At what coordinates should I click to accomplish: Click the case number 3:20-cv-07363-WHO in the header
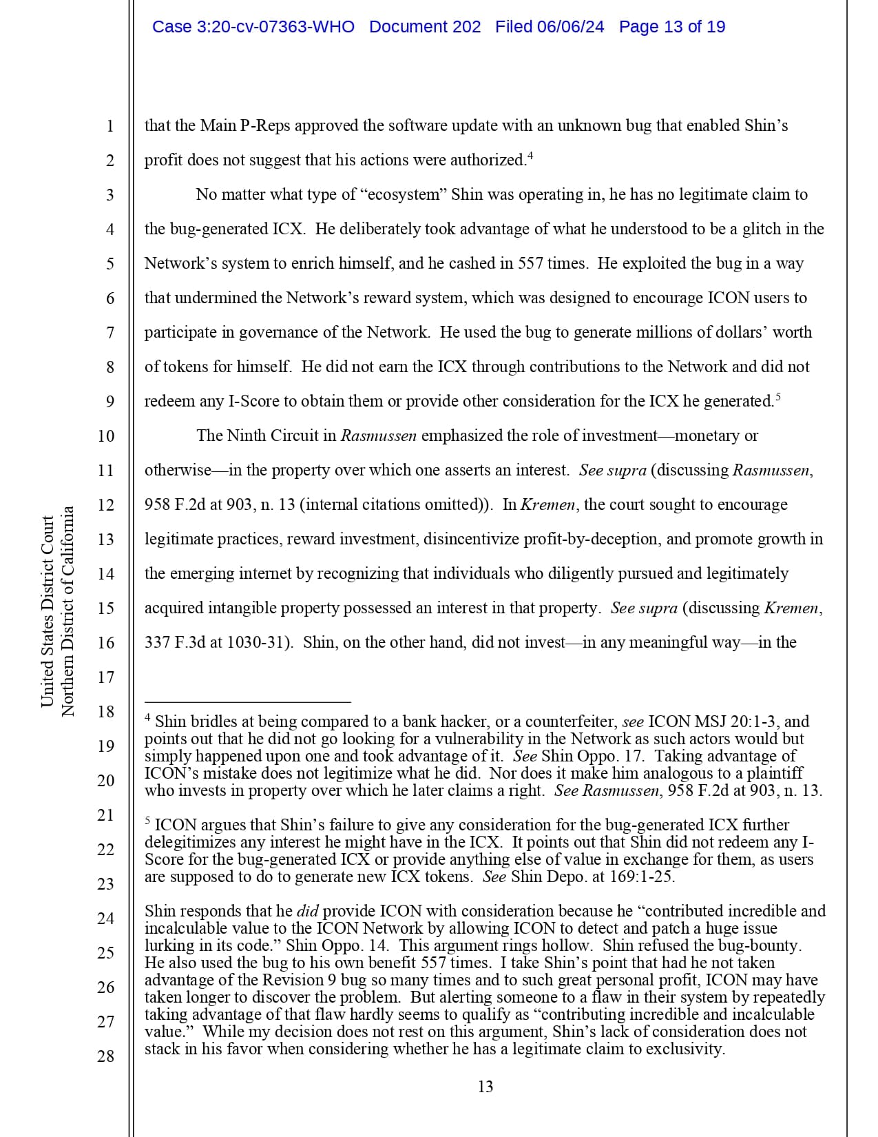click(x=253, y=27)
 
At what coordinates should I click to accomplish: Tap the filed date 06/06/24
click(x=570, y=27)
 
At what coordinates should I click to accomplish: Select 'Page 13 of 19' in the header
click(x=671, y=27)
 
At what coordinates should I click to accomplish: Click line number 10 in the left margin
click(x=106, y=436)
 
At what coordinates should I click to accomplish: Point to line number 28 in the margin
click(x=106, y=1056)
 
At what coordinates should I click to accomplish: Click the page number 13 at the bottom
click(x=485, y=1087)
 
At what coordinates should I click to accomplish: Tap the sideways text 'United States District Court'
click(x=48, y=611)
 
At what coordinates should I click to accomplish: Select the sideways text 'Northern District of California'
click(x=67, y=611)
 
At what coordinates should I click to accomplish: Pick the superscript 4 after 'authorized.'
click(x=530, y=156)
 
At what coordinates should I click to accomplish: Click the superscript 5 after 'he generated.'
click(x=777, y=397)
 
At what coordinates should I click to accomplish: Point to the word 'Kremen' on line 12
click(x=547, y=504)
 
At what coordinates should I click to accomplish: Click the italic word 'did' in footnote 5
click(x=307, y=911)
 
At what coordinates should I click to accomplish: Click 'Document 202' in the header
click(x=425, y=27)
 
